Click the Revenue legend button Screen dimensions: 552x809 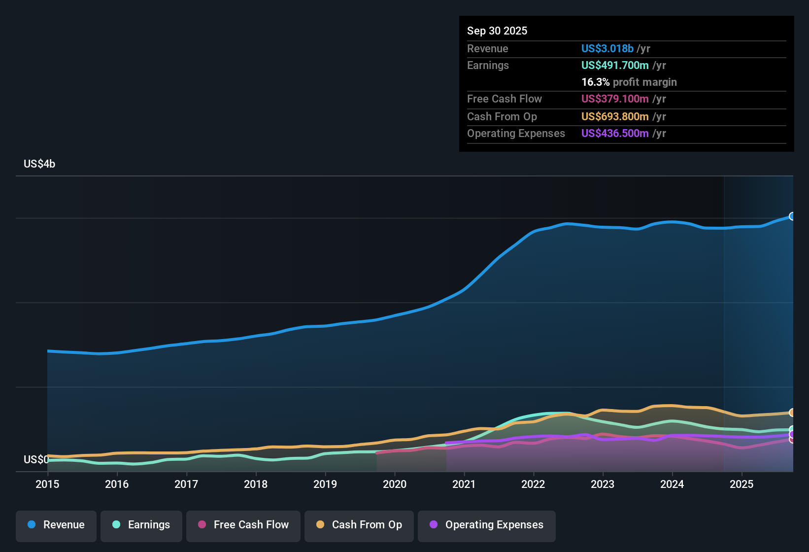(x=56, y=525)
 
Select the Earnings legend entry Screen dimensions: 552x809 (x=141, y=525)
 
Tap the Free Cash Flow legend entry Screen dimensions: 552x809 (x=243, y=525)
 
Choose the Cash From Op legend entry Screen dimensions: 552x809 (x=359, y=525)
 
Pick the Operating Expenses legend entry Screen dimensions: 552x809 (x=487, y=525)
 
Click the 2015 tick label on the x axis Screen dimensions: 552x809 (x=47, y=484)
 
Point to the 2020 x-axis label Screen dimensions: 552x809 (x=395, y=484)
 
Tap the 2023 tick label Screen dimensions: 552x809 (x=603, y=484)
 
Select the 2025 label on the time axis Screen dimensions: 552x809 (x=742, y=484)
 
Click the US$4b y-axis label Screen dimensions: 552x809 (x=39, y=164)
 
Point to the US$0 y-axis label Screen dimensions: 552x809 (x=36, y=460)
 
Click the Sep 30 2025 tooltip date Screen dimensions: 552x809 (x=497, y=31)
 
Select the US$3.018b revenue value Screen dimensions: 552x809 (x=607, y=49)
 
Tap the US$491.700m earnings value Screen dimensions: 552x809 (x=615, y=66)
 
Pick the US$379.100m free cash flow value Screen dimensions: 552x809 (x=615, y=99)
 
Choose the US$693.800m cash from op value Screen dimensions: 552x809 (x=615, y=117)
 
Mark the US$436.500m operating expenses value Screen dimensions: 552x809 (x=615, y=134)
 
